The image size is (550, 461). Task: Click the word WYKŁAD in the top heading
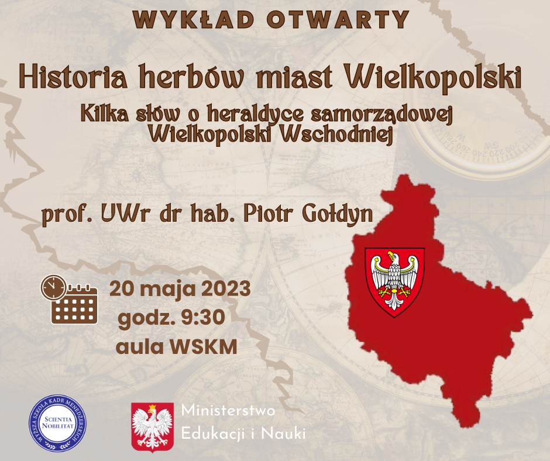click(193, 19)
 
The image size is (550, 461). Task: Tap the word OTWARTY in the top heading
click(338, 19)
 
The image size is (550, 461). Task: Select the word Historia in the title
click(73, 76)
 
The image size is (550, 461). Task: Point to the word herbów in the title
click(191, 76)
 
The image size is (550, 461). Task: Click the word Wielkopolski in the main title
click(433, 78)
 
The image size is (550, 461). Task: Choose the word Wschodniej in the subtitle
click(337, 135)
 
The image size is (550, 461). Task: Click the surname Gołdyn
click(338, 214)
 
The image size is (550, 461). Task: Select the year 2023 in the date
click(226, 289)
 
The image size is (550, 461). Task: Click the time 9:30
click(203, 318)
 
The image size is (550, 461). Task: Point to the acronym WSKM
click(204, 347)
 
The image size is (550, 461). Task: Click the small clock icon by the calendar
click(53, 287)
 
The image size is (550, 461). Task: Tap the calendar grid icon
click(74, 305)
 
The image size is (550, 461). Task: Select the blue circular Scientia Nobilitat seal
click(57, 423)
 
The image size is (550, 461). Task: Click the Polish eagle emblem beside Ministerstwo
click(153, 427)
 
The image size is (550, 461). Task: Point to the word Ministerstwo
click(228, 411)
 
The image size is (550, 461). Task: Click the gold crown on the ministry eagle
click(152, 408)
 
